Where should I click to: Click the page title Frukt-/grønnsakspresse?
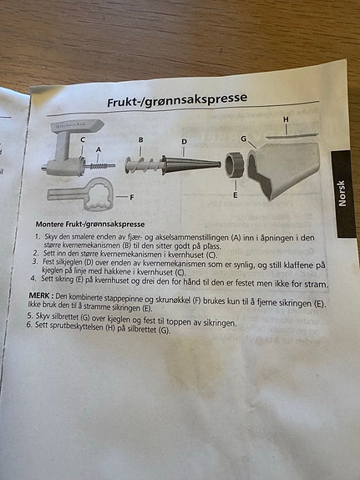[x=177, y=100]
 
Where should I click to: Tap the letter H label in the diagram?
[x=286, y=119]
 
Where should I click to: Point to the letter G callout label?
[x=244, y=139]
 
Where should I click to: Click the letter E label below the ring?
[x=236, y=195]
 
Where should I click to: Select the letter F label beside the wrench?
[x=132, y=198]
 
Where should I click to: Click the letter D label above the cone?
[x=184, y=142]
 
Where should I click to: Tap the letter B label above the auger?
[x=140, y=140]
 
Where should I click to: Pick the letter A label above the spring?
[x=99, y=149]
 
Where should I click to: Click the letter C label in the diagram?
[x=83, y=139]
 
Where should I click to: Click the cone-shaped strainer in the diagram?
[x=190, y=165]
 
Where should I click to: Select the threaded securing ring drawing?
[x=235, y=165]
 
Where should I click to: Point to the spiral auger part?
[x=143, y=165]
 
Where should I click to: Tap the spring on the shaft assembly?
[x=99, y=166]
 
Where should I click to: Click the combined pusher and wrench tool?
[x=80, y=195]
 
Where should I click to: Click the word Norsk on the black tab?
[x=342, y=193]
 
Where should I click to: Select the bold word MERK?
[x=39, y=296]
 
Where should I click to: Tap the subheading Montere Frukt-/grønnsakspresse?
[x=90, y=225]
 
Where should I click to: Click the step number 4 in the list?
[x=33, y=278]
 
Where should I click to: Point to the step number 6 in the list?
[x=28, y=325]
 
